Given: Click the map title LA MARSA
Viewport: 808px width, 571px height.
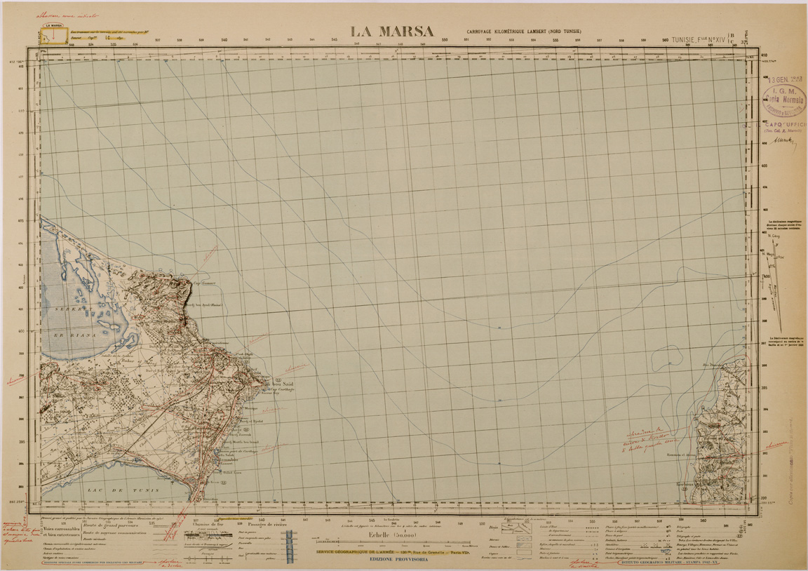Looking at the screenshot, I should pos(392,31).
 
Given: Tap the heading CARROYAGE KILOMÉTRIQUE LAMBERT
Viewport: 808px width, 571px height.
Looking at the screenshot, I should pos(524,32).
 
